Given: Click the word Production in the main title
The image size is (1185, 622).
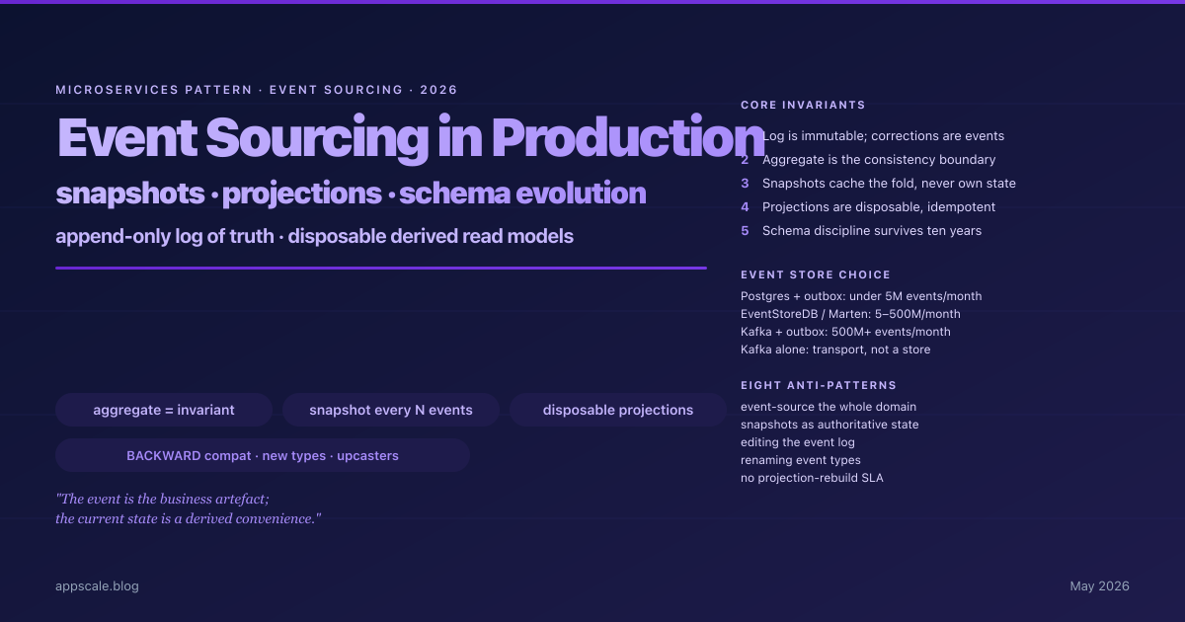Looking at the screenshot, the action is click(x=628, y=137).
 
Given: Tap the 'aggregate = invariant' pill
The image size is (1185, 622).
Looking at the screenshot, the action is click(x=164, y=410).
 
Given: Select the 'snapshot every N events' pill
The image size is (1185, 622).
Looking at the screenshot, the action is click(x=391, y=410).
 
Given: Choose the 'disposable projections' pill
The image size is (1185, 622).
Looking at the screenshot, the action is click(x=618, y=410).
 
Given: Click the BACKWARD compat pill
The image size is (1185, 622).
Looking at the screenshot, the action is click(x=263, y=455).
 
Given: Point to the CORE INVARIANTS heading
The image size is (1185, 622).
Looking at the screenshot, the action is click(x=803, y=106).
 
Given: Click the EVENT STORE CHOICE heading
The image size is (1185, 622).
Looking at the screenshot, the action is click(x=816, y=275).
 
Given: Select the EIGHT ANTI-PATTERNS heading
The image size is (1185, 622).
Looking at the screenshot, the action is click(x=819, y=386).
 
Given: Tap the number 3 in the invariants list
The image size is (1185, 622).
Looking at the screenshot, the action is click(x=745, y=184).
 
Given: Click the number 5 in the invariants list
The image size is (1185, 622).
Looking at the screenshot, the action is click(x=745, y=231).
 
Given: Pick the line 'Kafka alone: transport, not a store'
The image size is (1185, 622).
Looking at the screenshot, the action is click(x=835, y=350).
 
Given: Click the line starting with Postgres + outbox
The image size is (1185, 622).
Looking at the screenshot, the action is click(x=861, y=296).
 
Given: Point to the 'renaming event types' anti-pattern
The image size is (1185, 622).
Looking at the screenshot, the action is click(x=801, y=460).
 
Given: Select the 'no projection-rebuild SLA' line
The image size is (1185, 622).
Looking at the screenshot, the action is click(x=812, y=478).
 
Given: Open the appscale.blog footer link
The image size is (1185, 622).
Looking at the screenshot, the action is click(x=98, y=586).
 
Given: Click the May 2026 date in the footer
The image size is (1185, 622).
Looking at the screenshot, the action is click(x=1099, y=586).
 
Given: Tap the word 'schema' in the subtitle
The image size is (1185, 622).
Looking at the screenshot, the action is click(x=454, y=194).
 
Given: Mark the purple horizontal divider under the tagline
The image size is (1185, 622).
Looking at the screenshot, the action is click(x=381, y=269).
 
